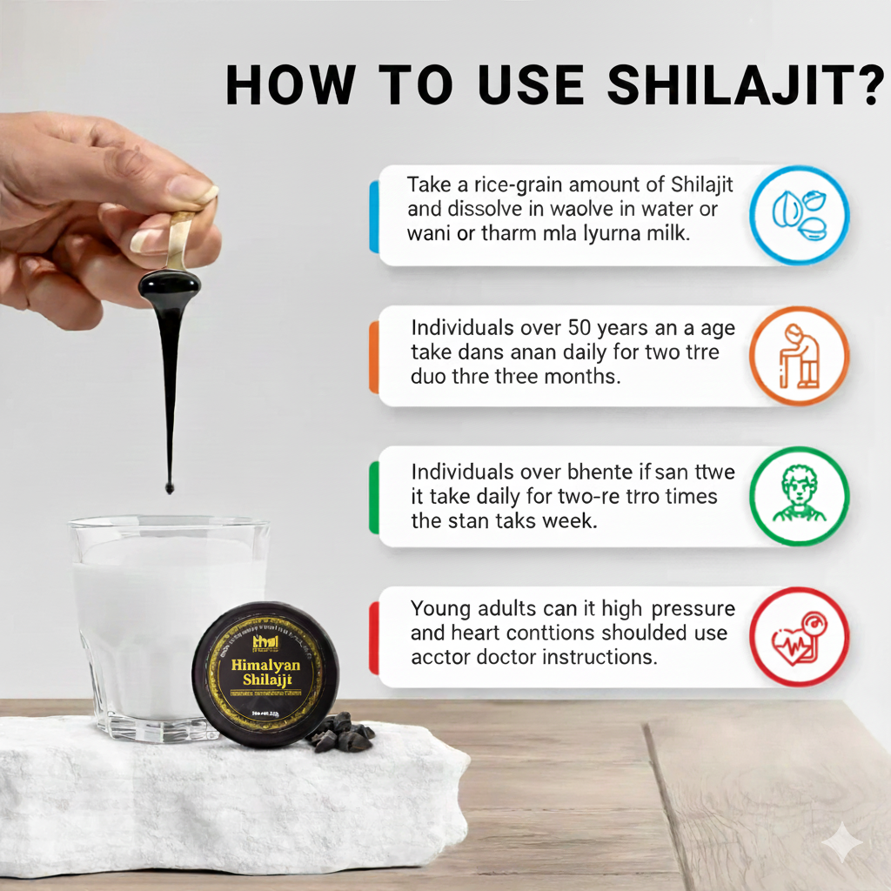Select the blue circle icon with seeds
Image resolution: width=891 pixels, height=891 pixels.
click(x=799, y=215)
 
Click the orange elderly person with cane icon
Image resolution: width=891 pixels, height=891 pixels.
click(x=799, y=356)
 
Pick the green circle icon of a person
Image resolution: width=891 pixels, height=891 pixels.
click(x=799, y=496)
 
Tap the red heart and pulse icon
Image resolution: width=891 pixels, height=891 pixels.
click(x=799, y=637)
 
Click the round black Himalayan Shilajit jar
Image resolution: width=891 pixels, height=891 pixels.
click(x=265, y=674)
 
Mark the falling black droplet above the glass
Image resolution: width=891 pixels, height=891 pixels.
click(x=169, y=488)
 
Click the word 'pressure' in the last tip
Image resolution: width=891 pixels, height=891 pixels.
click(x=691, y=608)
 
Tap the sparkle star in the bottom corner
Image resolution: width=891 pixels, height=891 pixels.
click(x=843, y=844)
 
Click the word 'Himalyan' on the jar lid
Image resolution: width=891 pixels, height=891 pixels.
click(x=265, y=666)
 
